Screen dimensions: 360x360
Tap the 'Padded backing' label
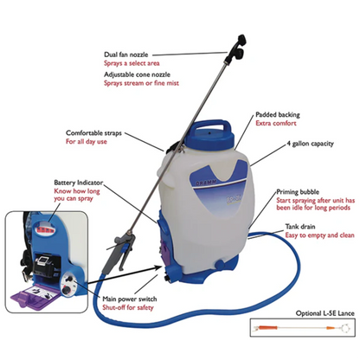pyautogui.click(x=279, y=114)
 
